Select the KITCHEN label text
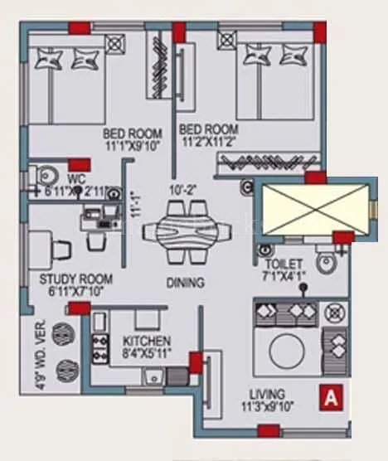tap(147, 341)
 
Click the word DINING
tap(184, 283)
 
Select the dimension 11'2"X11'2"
tap(209, 143)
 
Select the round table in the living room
tap(288, 345)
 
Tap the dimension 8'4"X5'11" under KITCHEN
tap(147, 352)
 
